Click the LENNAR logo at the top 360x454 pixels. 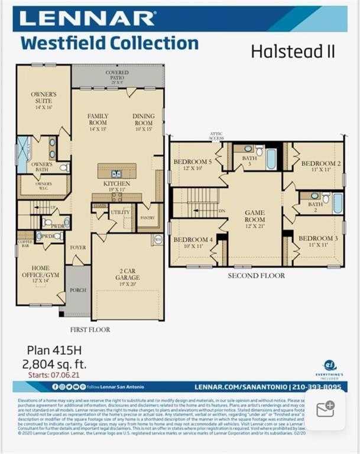point(87,18)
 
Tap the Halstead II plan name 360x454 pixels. point(293,51)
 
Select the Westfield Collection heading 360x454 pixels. point(109,43)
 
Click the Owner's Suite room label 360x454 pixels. point(44,101)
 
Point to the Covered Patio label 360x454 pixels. point(117,77)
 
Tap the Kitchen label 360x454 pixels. point(116,187)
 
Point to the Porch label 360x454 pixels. point(78,290)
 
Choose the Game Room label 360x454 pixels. point(255,216)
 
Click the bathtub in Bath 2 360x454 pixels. point(338,203)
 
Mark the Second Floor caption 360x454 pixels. point(257,275)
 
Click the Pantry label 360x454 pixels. point(147,218)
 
